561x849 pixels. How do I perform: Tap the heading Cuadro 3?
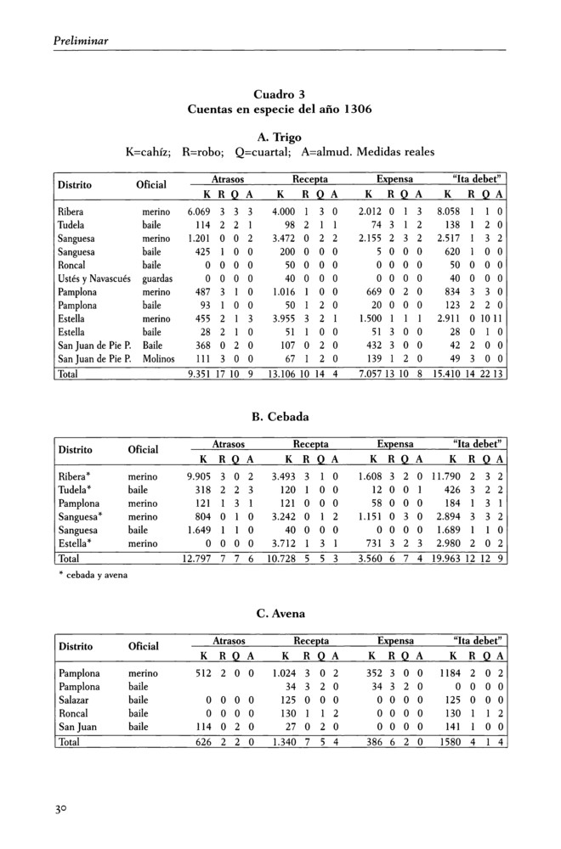[279, 93]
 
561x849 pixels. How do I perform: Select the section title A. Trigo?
[279, 136]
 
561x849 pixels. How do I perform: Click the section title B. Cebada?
[280, 417]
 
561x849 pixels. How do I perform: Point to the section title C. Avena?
[280, 613]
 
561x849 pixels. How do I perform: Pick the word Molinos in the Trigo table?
[159, 360]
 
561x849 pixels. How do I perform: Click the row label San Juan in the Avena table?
[77, 728]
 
